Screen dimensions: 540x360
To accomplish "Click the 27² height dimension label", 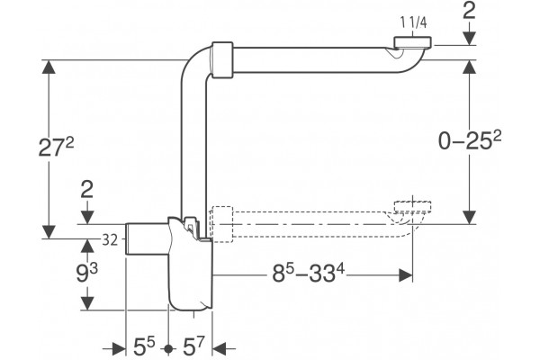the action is click(56, 147).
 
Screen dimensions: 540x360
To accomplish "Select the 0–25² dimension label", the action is click(470, 140).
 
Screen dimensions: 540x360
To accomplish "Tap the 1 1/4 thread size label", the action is click(414, 22).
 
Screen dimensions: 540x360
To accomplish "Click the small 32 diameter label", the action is click(110, 240).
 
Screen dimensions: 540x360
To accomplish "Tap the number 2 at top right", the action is click(469, 12).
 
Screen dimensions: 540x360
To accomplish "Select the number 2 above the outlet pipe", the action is click(87, 190).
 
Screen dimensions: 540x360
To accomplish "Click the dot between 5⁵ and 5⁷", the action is click(168, 348).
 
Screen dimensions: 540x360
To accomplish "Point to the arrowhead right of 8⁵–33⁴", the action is click(406, 275).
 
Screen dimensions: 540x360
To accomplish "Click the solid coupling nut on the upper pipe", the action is click(222, 60).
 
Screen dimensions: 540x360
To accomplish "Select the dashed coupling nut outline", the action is click(223, 225).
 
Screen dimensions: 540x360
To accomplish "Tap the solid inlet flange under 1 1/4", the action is click(413, 41).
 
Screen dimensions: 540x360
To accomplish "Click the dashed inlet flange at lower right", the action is click(412, 206).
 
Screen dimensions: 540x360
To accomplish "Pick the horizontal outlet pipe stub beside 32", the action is click(147, 239).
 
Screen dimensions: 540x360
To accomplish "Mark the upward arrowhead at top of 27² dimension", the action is click(49, 67).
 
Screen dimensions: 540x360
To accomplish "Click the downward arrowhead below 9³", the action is click(87, 303).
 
